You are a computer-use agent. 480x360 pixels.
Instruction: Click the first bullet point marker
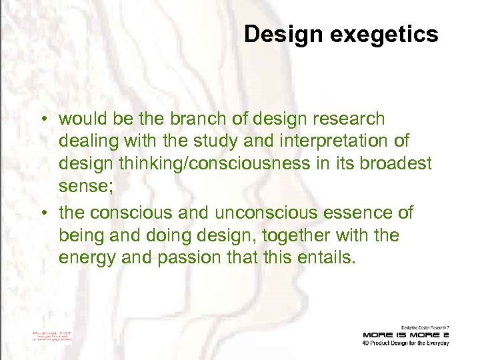tap(41, 120)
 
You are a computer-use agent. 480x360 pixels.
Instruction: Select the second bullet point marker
tap(41, 213)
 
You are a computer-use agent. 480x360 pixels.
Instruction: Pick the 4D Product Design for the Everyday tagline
tap(405, 343)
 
